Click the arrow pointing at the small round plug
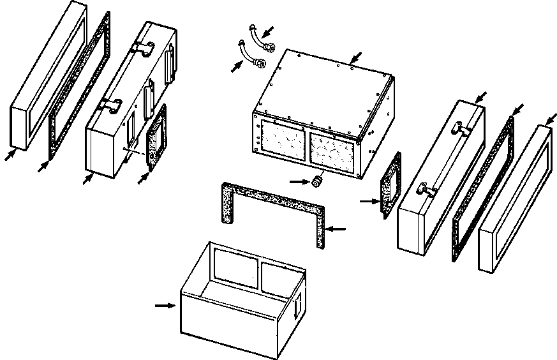[x=297, y=181]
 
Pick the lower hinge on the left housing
[x=112, y=105]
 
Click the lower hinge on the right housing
[x=426, y=189]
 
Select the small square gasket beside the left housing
[x=155, y=138]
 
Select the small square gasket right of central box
[x=390, y=185]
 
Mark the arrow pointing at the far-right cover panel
[x=551, y=119]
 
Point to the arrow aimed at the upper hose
[x=270, y=30]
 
